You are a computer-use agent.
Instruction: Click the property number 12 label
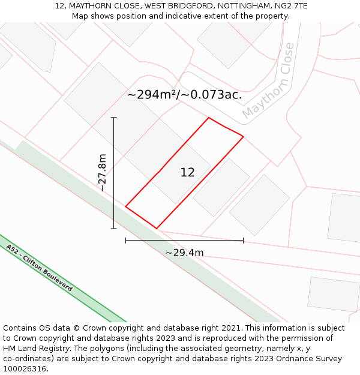click(187, 173)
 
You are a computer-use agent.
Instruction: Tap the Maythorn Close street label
click(269, 81)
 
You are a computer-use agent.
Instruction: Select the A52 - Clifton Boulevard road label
click(39, 268)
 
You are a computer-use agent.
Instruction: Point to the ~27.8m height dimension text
click(103, 172)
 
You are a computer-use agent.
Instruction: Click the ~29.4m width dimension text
click(184, 253)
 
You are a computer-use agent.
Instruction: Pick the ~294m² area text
click(151, 95)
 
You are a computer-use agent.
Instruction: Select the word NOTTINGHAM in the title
click(238, 6)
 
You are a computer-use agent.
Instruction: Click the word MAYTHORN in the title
click(90, 6)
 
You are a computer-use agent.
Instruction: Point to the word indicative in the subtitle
click(184, 16)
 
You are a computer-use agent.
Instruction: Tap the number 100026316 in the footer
click(25, 369)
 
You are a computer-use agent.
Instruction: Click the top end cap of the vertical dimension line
click(113, 118)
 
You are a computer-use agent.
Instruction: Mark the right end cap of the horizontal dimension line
click(243, 241)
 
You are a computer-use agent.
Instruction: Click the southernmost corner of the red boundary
click(157, 229)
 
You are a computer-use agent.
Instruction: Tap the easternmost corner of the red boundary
click(243, 137)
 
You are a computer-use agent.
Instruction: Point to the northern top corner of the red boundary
click(208, 118)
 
